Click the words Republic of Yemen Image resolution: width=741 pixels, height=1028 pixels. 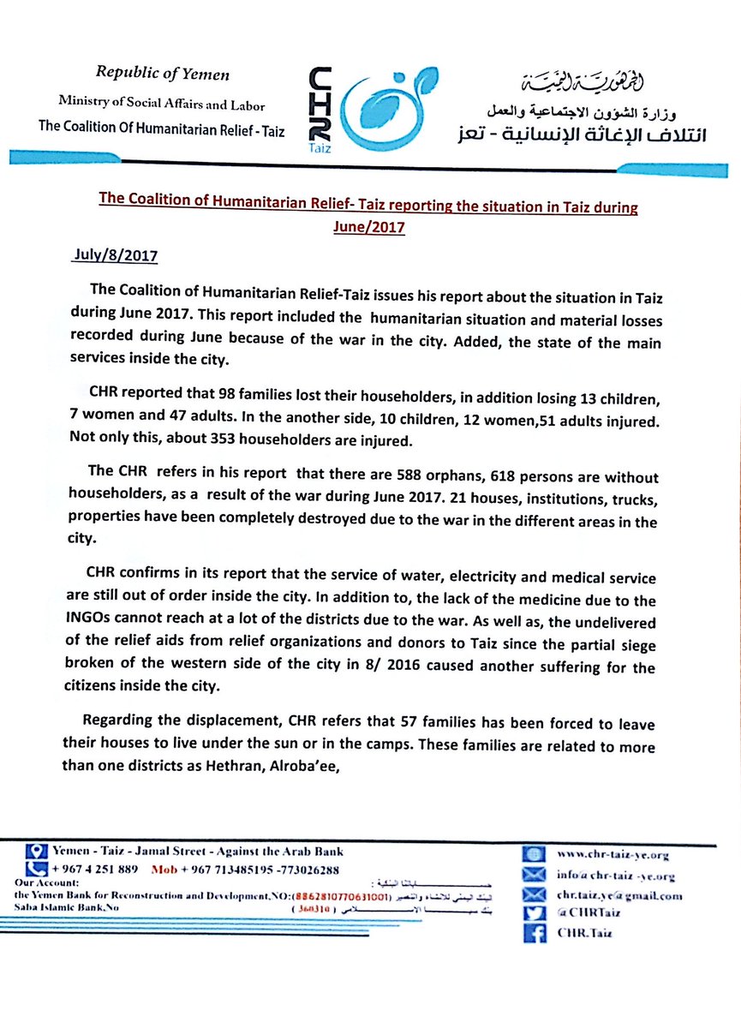tap(163, 75)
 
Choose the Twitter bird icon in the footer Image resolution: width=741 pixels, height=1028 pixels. tap(535, 914)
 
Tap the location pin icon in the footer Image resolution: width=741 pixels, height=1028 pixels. tap(35, 852)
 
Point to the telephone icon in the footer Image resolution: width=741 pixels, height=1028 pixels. tap(35, 869)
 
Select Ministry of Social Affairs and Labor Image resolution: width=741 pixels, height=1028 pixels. tap(162, 104)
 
